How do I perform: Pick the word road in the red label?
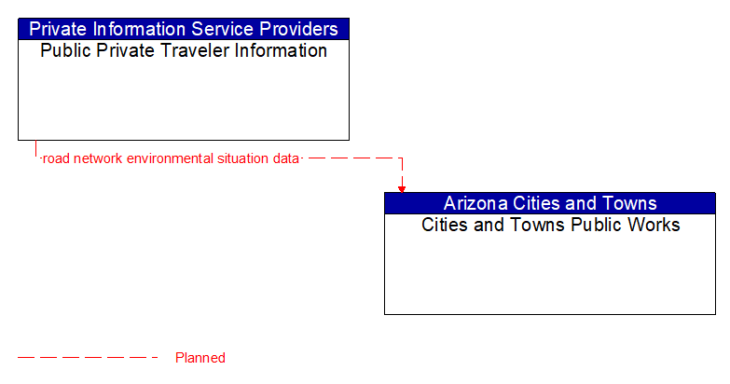[x=56, y=158]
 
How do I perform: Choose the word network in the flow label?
[x=97, y=158]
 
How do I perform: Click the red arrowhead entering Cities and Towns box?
[x=402, y=187]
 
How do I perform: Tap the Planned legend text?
[x=200, y=358]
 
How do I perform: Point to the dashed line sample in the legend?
[x=88, y=357]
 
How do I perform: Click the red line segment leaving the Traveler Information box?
[x=36, y=149]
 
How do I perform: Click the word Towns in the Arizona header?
[x=628, y=203]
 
